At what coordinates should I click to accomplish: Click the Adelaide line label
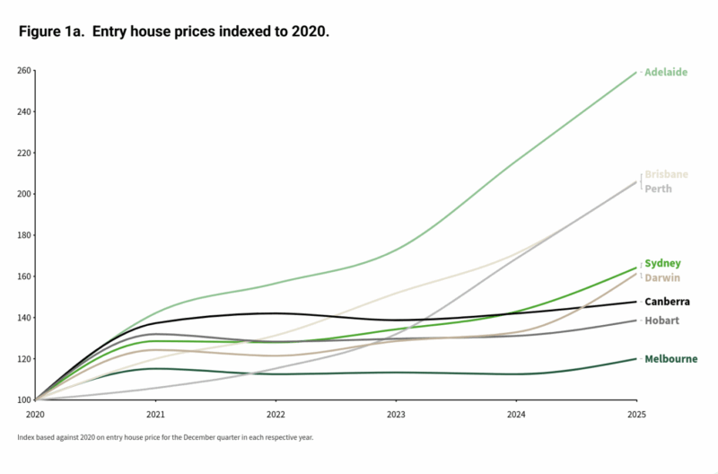pos(666,72)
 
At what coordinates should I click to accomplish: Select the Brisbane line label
pos(667,174)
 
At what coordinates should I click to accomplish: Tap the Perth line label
pos(658,189)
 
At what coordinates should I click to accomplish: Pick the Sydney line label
pos(662,263)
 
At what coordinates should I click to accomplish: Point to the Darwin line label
pos(662,277)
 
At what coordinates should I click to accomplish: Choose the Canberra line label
pos(667,302)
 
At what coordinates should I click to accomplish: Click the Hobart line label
pos(661,320)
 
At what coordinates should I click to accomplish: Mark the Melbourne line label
pos(671,359)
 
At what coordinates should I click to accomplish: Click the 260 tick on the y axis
pos(24,71)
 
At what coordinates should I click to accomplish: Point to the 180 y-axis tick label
pos(24,235)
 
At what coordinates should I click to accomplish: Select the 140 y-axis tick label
pos(24,318)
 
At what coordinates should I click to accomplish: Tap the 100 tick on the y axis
pos(24,399)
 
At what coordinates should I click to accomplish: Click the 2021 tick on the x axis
pos(155,415)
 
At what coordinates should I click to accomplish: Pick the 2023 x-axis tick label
pos(396,415)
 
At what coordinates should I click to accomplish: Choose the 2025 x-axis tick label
pos(636,415)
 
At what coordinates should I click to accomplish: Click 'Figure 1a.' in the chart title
pos(49,31)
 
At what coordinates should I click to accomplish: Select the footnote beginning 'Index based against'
pos(165,437)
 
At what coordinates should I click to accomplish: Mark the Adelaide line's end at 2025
pos(636,72)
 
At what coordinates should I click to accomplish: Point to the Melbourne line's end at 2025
pos(636,359)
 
